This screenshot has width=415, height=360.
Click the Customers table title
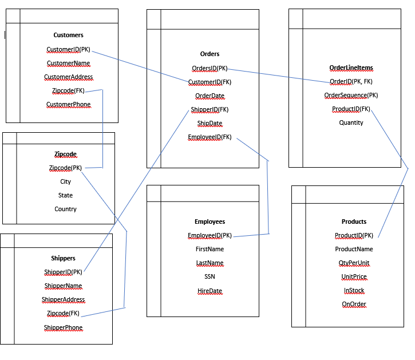(x=68, y=35)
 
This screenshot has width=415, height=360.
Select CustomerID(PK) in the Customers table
(x=68, y=49)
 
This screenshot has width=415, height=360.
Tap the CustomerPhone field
(x=68, y=104)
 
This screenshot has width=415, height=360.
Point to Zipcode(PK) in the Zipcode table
(x=65, y=168)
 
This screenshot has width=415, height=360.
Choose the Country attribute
(x=65, y=209)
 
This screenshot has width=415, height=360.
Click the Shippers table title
(x=63, y=258)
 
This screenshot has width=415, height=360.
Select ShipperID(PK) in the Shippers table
(x=63, y=272)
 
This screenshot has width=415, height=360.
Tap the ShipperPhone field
(x=63, y=327)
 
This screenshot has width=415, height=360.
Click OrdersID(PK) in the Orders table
(x=210, y=68)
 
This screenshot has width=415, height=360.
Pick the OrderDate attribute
(x=210, y=96)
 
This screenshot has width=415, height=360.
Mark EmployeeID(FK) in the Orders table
(x=210, y=137)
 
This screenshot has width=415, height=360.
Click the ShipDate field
(x=210, y=123)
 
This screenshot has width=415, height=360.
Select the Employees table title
(x=210, y=221)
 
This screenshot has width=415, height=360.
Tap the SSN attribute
(x=210, y=276)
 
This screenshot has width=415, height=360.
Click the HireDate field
(x=210, y=291)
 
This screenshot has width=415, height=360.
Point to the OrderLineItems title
(x=351, y=68)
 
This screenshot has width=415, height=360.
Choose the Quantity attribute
(x=351, y=122)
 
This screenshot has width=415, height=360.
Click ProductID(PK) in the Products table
(x=354, y=235)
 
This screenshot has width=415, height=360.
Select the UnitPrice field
(x=354, y=276)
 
